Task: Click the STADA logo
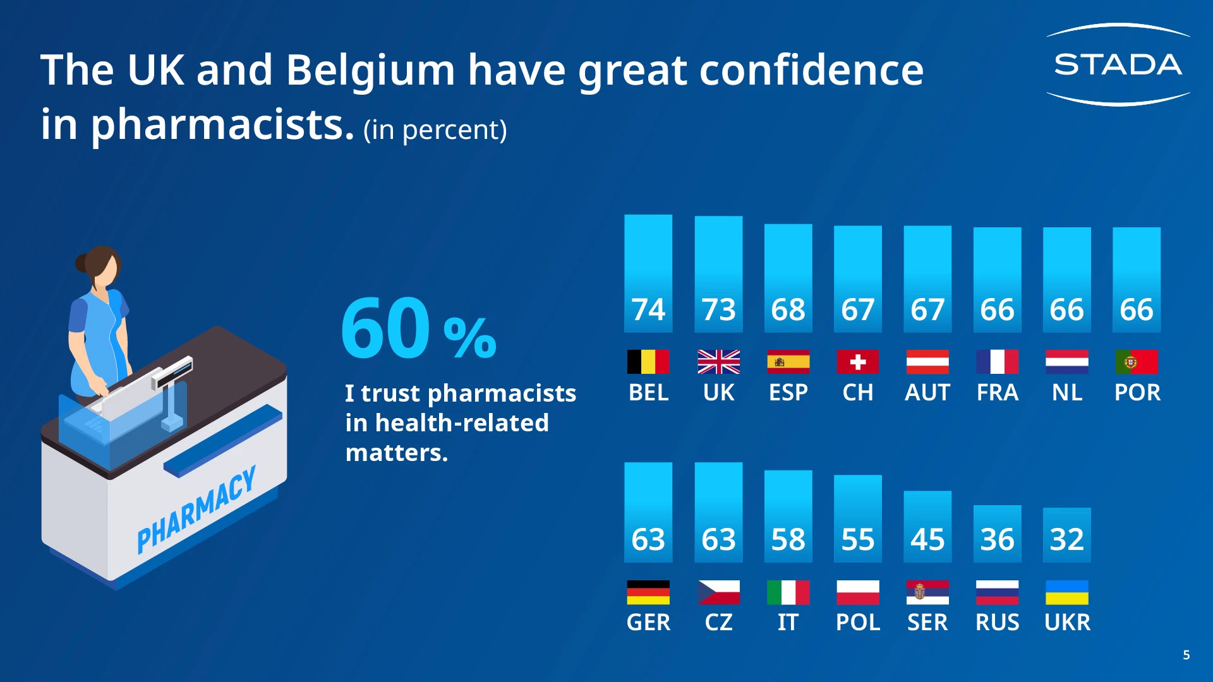pos(1118,64)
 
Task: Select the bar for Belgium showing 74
pos(648,273)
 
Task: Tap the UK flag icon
pos(718,362)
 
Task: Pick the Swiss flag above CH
pos(857,362)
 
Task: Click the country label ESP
pos(788,393)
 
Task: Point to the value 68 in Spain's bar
pos(788,309)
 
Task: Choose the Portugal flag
pos(1136,362)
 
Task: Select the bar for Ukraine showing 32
pos(1066,534)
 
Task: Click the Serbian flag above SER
pos(927,592)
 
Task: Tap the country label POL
pos(857,623)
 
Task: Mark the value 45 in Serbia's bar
pos(927,539)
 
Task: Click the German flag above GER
pos(648,592)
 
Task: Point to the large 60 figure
pos(385,328)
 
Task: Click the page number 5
pos(1186,655)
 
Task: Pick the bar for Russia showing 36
pos(997,534)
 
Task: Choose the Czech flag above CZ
pos(718,592)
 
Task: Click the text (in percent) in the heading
pos(435,130)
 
